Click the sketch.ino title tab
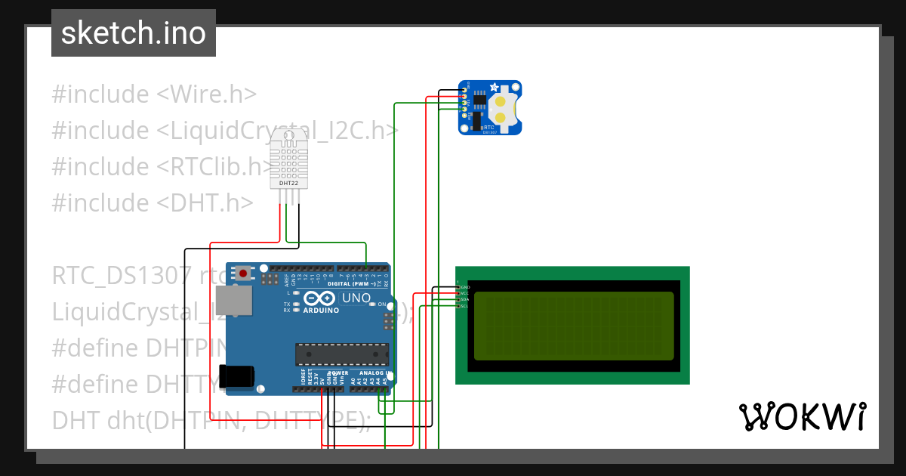pos(134,33)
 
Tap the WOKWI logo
pos(802,416)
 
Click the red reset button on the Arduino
pos(244,272)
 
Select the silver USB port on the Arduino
pos(234,300)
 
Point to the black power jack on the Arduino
pos(236,376)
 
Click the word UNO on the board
pos(356,298)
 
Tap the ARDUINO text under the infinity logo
pos(321,309)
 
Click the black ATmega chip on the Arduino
pos(342,354)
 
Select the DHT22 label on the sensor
pos(288,184)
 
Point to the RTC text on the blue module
pos(488,128)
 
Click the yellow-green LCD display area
pos(573,326)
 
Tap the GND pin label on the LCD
pos(465,287)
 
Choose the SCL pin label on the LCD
pos(465,306)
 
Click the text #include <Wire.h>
pos(154,94)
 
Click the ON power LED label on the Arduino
pos(381,304)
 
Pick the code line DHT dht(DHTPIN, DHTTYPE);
pos(211,420)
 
